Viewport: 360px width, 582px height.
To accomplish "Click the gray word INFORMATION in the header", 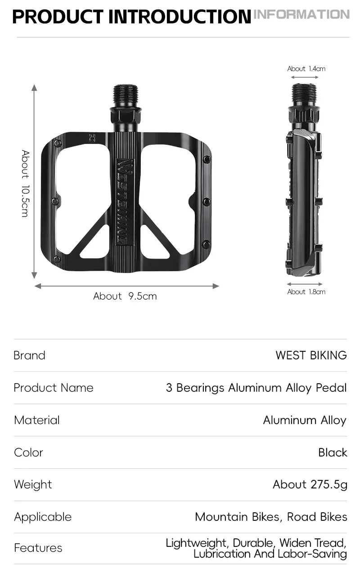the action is (301, 14).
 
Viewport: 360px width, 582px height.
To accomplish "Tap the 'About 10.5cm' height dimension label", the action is (25, 184).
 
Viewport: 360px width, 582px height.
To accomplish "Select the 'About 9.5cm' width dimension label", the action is (125, 296).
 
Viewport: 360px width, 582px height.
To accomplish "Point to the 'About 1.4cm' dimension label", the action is (306, 69).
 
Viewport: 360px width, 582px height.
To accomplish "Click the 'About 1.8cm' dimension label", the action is (306, 292).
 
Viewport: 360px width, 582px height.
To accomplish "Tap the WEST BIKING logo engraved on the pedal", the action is (125, 202).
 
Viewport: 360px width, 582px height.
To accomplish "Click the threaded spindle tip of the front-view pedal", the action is (126, 96).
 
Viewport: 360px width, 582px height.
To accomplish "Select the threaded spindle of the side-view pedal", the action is (304, 95).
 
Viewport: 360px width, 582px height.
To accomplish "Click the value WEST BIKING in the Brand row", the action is (311, 355).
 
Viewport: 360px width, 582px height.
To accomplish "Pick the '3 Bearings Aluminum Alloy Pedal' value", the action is (256, 388).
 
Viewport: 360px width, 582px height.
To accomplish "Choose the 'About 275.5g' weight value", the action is (310, 484).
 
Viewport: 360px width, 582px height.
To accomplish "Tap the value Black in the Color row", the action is (333, 452).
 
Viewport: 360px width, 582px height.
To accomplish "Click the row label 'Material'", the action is (37, 420).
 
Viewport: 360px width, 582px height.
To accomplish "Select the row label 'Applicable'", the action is (43, 517).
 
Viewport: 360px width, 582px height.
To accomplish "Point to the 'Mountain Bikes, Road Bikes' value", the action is (271, 517).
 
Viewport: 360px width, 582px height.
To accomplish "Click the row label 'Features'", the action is (38, 548).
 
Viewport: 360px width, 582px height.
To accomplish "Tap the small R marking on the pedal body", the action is (92, 138).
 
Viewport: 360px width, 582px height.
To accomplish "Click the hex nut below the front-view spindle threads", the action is (126, 116).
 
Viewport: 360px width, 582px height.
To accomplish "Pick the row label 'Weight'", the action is (33, 485).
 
